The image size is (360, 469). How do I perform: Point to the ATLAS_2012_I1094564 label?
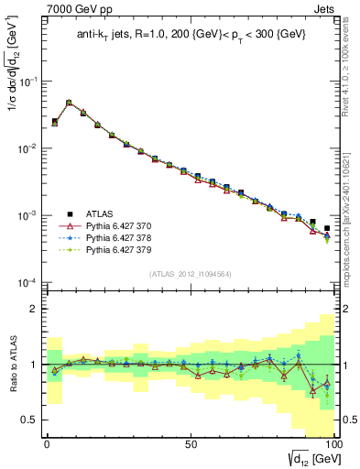(x=190, y=274)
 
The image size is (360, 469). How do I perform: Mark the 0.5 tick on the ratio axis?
(x=30, y=420)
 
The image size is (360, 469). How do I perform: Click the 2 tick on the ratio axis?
(x=35, y=309)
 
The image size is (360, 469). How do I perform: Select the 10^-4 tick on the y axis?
(x=27, y=283)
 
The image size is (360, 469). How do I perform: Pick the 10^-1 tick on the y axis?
(x=27, y=82)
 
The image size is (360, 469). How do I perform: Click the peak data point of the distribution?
(x=69, y=103)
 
